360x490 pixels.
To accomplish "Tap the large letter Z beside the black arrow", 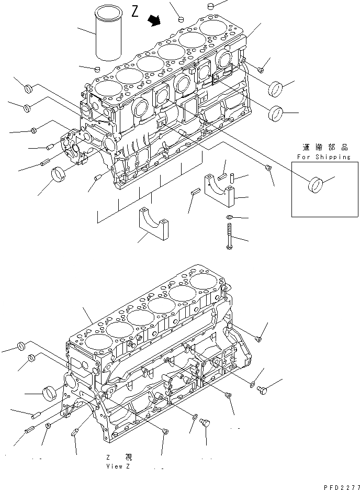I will (x=135, y=12).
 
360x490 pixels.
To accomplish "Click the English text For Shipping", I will (x=323, y=157).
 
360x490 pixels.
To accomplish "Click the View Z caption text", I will (x=121, y=466).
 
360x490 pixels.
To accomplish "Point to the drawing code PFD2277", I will (x=340, y=486).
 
